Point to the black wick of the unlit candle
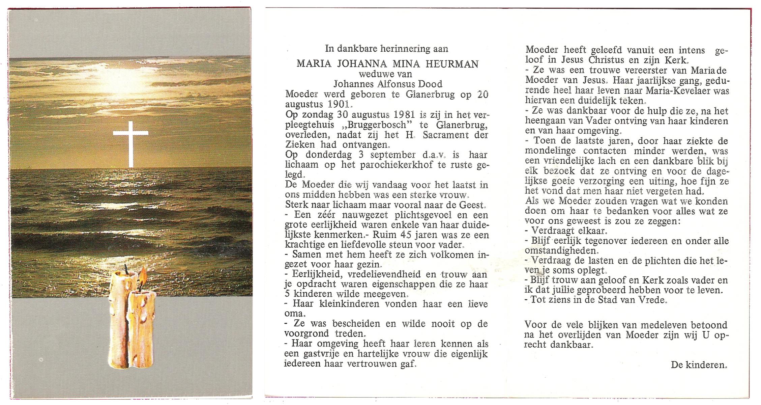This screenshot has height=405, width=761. (x=126, y=269)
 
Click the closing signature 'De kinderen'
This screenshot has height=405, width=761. (x=699, y=365)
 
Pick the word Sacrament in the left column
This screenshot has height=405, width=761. (x=441, y=135)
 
